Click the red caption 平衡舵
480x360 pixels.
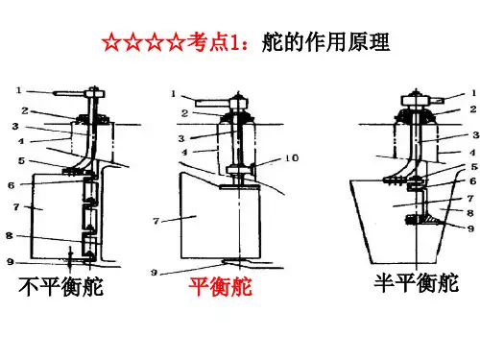click(x=221, y=286)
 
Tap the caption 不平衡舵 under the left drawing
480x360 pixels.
click(x=61, y=286)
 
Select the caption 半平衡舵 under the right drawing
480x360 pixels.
click(x=417, y=282)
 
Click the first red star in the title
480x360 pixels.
click(x=111, y=42)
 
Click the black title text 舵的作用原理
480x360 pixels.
click(x=325, y=42)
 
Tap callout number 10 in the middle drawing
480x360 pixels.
click(x=292, y=157)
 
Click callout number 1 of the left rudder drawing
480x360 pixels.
click(x=18, y=90)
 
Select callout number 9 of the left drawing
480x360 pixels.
click(x=11, y=262)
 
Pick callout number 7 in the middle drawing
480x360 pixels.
click(x=156, y=221)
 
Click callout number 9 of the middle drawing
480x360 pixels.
click(x=155, y=273)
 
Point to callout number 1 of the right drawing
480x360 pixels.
click(x=473, y=93)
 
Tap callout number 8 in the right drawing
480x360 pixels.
click(x=469, y=213)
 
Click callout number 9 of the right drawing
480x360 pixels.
click(x=470, y=228)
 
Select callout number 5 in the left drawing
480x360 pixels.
click(x=21, y=160)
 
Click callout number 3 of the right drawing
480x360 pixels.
click(x=476, y=135)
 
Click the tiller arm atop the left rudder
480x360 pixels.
click(x=69, y=94)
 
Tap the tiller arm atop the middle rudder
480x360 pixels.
click(x=212, y=104)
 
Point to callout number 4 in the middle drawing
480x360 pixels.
click(x=184, y=153)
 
